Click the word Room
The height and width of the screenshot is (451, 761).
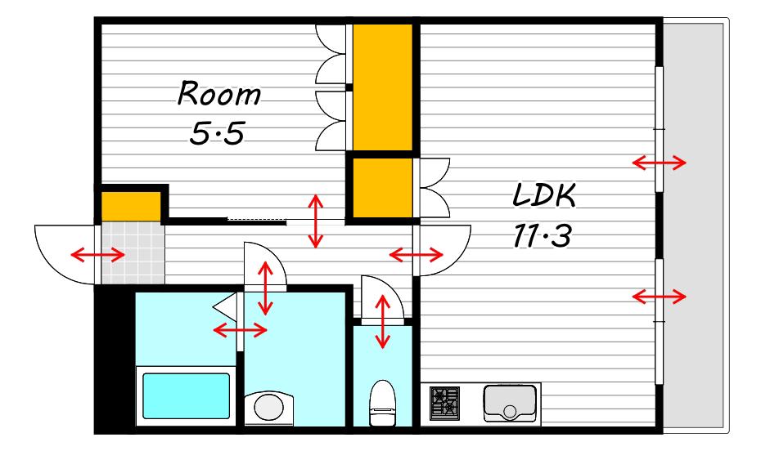click(x=218, y=94)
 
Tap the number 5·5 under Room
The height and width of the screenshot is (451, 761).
click(x=217, y=134)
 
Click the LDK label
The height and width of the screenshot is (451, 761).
click(x=544, y=195)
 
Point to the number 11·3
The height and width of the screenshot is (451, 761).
click(x=543, y=236)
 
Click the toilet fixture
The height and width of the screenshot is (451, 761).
click(x=383, y=403)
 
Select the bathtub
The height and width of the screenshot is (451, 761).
click(x=186, y=395)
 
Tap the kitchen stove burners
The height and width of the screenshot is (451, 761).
click(x=444, y=403)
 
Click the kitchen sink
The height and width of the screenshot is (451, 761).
click(x=510, y=403)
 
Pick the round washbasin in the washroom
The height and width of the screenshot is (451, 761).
click(x=269, y=408)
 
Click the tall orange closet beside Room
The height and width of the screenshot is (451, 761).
click(x=382, y=87)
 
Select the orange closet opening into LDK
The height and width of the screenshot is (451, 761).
click(x=382, y=188)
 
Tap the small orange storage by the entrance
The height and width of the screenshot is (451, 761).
click(x=131, y=207)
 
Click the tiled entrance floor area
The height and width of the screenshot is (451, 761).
click(x=133, y=252)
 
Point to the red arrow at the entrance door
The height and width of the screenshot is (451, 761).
click(x=97, y=254)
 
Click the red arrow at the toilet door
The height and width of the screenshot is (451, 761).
click(x=383, y=322)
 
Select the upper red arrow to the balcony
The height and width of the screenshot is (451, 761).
click(x=659, y=163)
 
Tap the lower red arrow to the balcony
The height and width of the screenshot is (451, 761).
click(x=659, y=296)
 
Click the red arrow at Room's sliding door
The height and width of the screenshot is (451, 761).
click(x=316, y=221)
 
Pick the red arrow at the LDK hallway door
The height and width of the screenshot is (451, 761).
click(x=417, y=254)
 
